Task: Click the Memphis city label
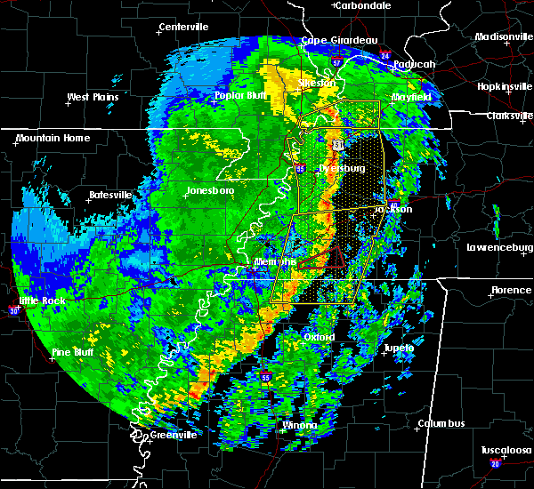(x=273, y=263)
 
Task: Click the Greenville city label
(x=173, y=435)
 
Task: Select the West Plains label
(x=93, y=96)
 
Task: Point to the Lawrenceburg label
(x=498, y=247)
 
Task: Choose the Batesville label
(x=110, y=195)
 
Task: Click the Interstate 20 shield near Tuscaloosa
(x=495, y=463)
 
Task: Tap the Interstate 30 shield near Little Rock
(x=13, y=310)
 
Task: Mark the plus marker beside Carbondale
(x=335, y=5)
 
